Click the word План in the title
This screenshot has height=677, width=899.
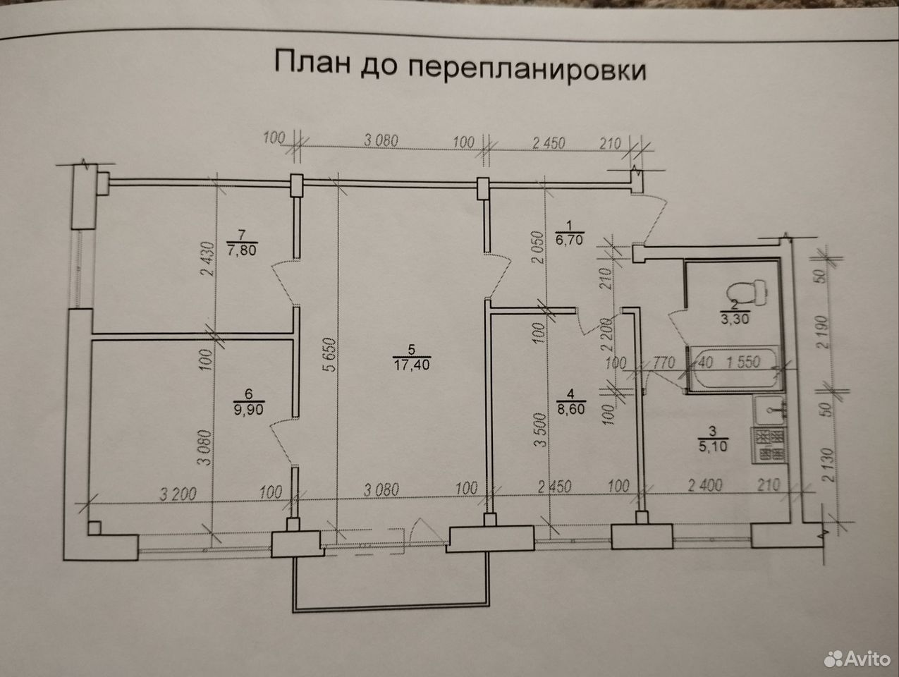312,62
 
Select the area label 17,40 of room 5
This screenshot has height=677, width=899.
411,364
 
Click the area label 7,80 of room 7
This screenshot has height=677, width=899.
241,250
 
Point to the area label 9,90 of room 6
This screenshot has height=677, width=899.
248,409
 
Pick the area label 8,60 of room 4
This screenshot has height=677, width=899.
570,409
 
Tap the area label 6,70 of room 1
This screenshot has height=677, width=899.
569,240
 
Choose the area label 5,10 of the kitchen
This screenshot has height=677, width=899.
713,446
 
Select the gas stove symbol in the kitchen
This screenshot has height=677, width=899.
769,445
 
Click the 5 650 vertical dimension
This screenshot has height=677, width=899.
329,355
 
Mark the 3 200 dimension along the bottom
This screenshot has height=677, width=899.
178,494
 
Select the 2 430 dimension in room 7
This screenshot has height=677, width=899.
207,259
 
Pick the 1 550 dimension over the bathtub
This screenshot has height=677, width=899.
743,362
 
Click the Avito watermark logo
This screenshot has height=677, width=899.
857,659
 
